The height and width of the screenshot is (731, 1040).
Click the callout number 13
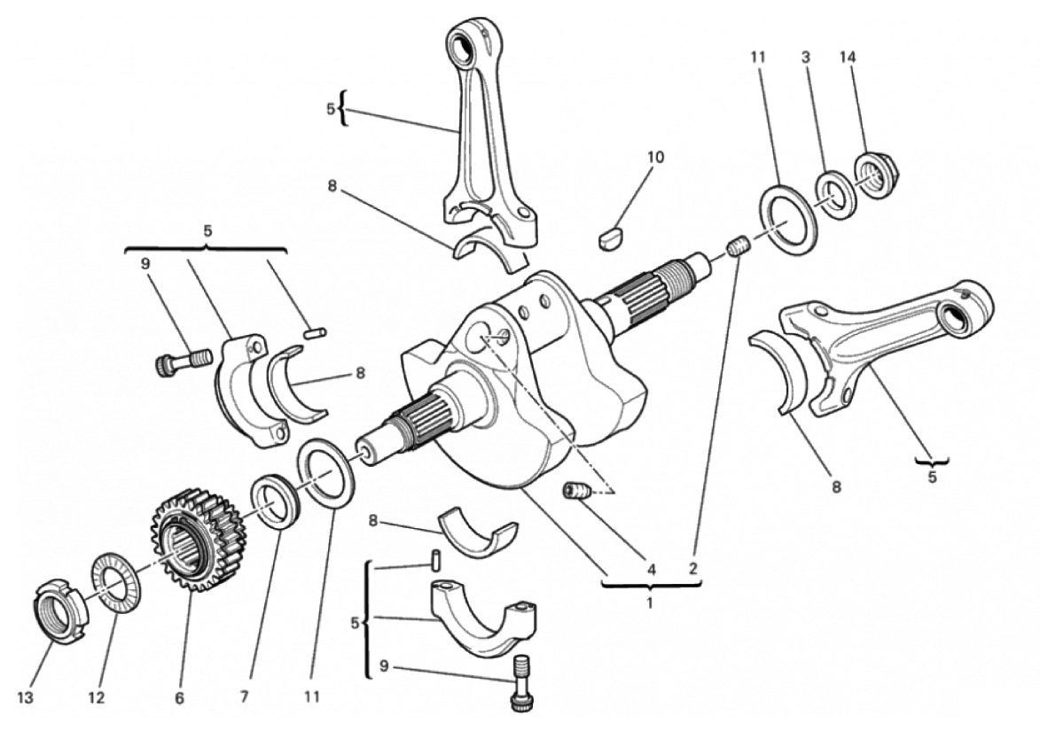26,698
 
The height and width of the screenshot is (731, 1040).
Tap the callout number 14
848,58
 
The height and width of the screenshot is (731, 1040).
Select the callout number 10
655,157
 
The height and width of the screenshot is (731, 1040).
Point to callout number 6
180,698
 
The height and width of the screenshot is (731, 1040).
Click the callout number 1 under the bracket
650,603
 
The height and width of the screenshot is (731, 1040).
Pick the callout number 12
96,698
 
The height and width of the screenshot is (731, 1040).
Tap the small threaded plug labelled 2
738,248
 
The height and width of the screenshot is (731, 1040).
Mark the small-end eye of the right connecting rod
956,314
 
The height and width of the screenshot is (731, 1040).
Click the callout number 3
806,58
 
